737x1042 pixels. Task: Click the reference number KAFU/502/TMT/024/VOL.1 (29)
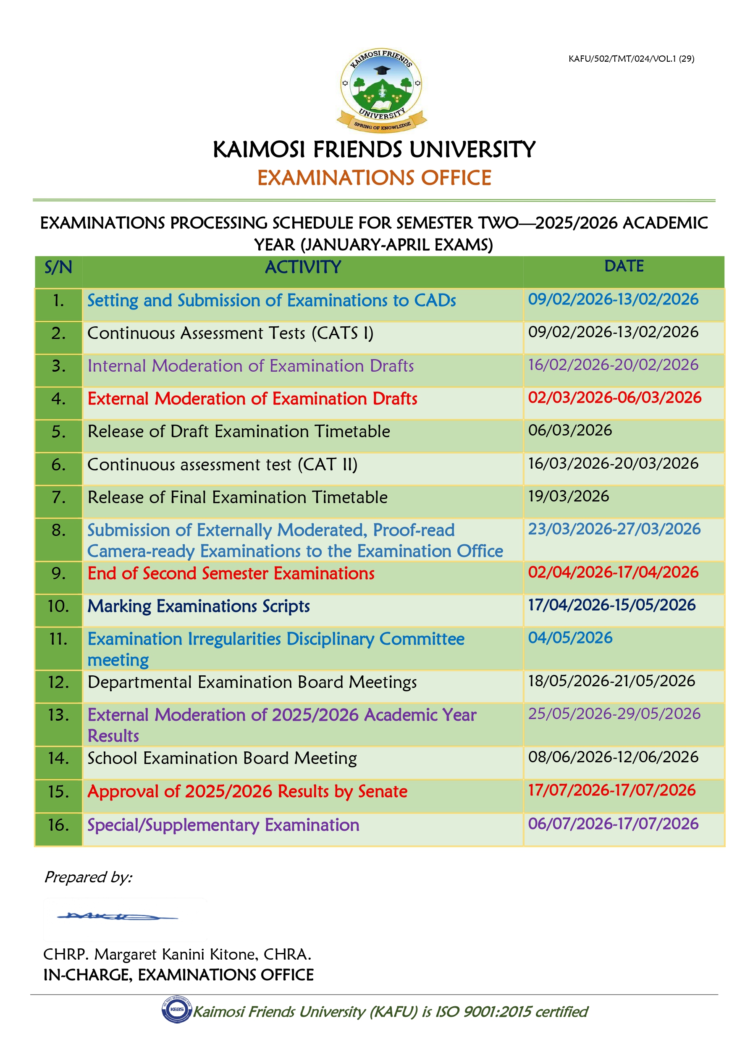[x=631, y=58]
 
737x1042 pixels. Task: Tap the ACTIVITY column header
[x=303, y=267]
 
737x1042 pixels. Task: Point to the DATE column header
[x=624, y=266]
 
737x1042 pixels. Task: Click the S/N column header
[x=58, y=267]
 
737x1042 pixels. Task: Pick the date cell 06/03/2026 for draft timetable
[x=570, y=430]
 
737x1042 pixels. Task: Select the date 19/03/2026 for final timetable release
[x=568, y=496]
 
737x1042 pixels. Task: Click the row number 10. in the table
[x=58, y=606]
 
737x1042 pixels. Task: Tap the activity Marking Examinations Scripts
[x=198, y=606]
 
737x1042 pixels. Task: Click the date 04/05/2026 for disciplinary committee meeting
[x=570, y=638]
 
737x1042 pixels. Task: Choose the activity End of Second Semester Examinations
[x=231, y=574]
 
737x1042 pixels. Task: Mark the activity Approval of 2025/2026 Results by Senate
[x=247, y=792]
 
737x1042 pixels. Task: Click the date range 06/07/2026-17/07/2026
[x=613, y=824]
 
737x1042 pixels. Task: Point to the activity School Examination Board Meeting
[x=222, y=759]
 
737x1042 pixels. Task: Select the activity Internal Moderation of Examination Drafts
[x=251, y=366]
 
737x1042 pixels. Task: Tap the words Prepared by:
[x=88, y=877]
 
